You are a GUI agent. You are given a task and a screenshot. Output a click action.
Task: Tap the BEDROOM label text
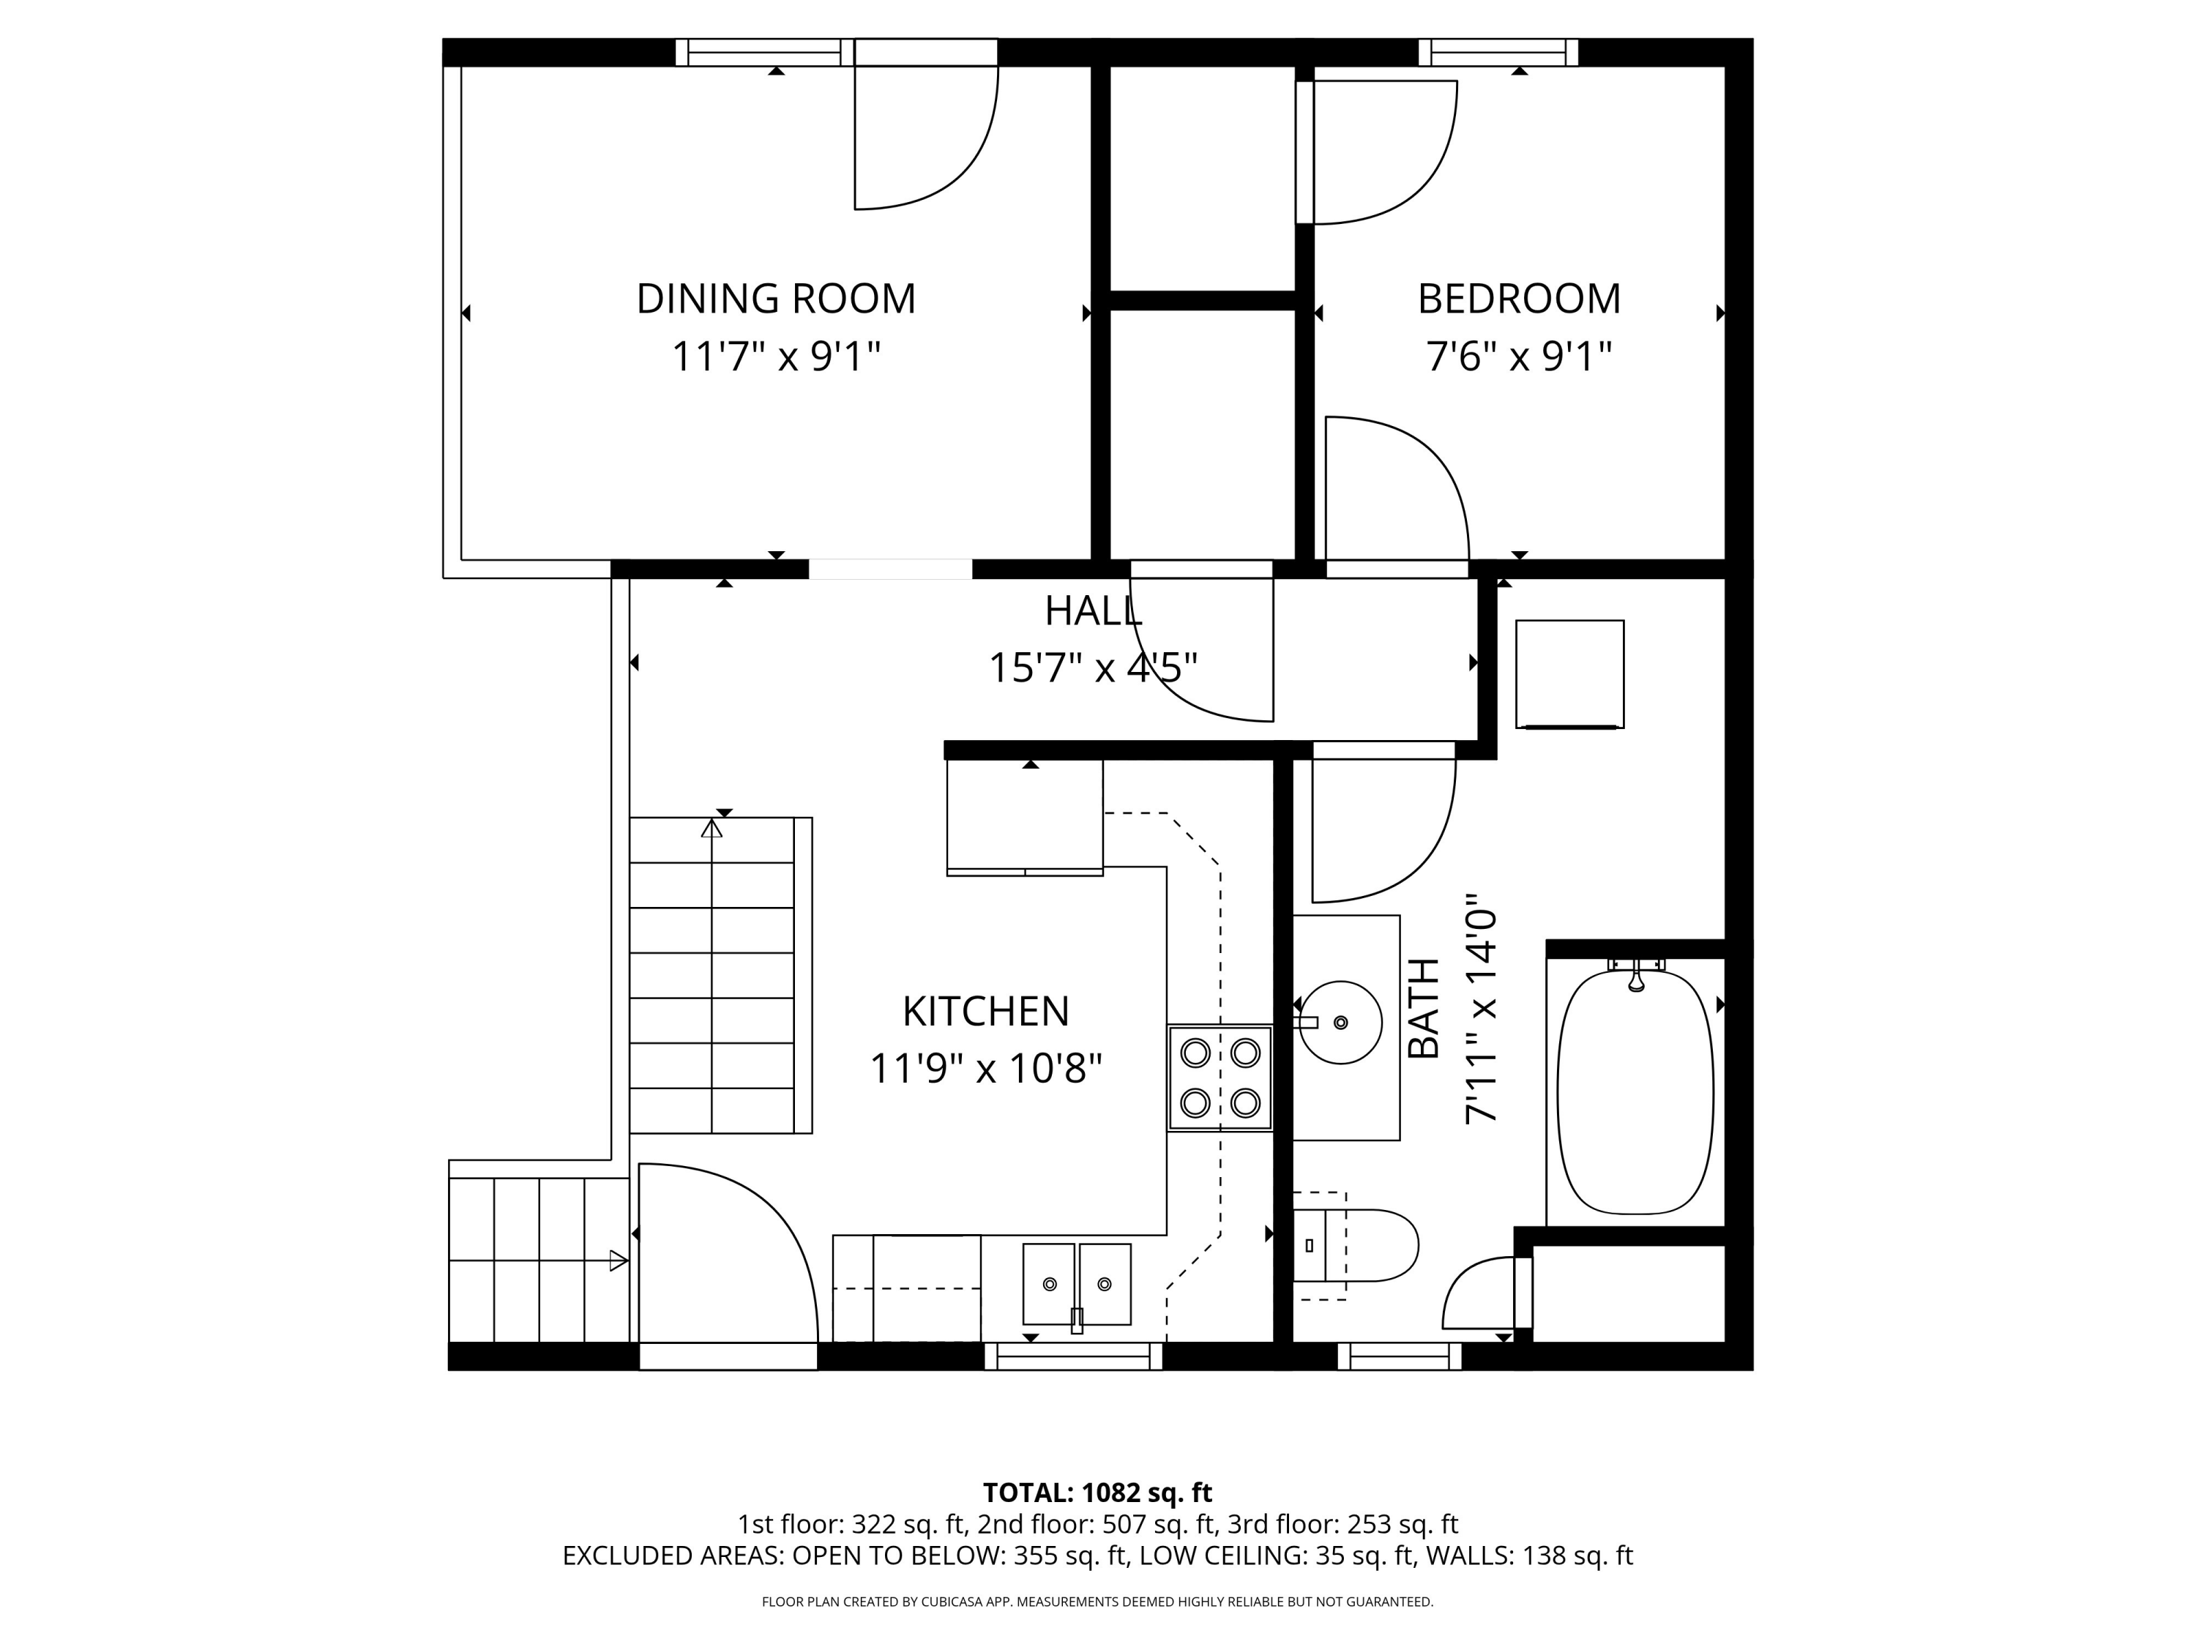pos(1519,299)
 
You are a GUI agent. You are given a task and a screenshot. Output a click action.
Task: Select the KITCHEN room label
pos(986,1012)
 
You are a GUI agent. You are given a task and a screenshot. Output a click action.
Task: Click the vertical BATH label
pos(1424,1008)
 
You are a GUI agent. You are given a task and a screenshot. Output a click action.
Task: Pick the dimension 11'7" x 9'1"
pos(777,356)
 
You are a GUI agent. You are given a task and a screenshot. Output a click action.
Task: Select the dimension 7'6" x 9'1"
pos(1519,356)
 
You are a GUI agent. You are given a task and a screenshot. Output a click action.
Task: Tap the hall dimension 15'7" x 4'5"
pos(1093,668)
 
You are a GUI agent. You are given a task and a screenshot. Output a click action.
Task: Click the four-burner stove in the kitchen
pos(1219,1078)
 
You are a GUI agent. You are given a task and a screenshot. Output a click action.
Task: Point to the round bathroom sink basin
pos(1340,1023)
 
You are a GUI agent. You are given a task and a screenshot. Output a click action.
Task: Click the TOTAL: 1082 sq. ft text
pos(1097,1492)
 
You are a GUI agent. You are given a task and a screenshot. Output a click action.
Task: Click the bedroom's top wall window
pos(1498,52)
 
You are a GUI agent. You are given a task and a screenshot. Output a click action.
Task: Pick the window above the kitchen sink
pos(1073,1356)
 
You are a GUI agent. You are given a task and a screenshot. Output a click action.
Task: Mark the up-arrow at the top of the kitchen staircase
pos(712,829)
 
